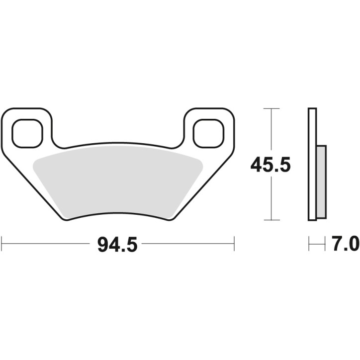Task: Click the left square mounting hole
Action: (26, 133)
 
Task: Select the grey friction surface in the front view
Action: (117, 181)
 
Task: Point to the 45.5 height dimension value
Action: (270, 165)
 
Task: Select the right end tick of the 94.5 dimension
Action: (234, 244)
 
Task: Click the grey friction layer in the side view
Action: (321, 181)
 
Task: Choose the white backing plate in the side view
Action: (312, 164)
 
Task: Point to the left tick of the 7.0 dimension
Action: (309, 244)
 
